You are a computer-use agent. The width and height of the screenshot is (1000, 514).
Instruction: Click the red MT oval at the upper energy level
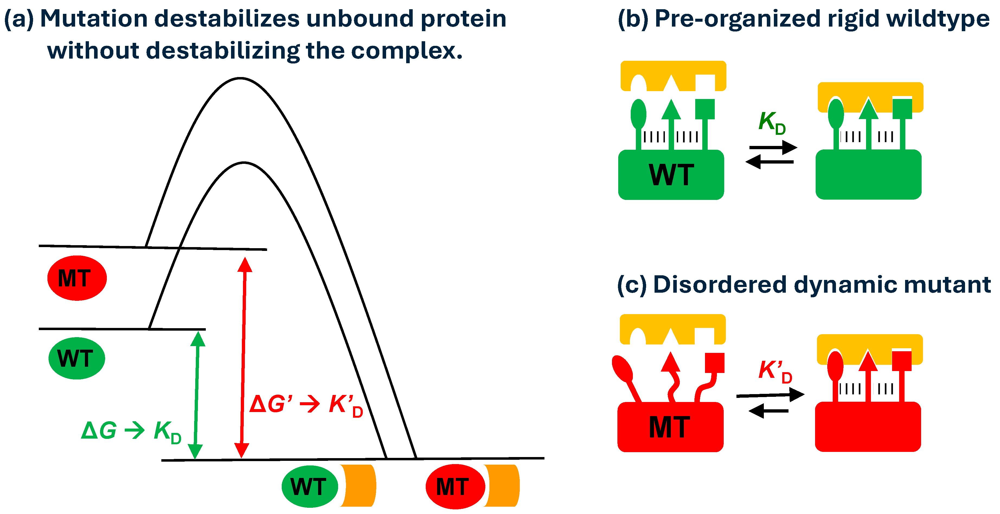pyautogui.click(x=77, y=278)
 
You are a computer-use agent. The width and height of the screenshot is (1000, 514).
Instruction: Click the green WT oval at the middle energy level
pyautogui.click(x=76, y=358)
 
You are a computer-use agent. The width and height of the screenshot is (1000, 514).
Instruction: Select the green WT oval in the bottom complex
pyautogui.click(x=309, y=486)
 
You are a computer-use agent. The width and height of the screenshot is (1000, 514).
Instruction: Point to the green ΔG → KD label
pyautogui.click(x=131, y=431)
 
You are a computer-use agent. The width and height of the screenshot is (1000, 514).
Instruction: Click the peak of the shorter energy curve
pyautogui.click(x=243, y=163)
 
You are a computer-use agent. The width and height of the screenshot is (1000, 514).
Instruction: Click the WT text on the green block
pyautogui.click(x=671, y=175)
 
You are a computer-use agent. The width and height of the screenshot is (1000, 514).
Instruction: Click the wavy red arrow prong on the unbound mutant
pyautogui.click(x=672, y=378)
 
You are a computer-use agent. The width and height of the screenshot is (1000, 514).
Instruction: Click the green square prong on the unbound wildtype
pyautogui.click(x=704, y=109)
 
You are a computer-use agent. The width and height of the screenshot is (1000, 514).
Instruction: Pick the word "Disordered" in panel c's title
pyautogui.click(x=719, y=285)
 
